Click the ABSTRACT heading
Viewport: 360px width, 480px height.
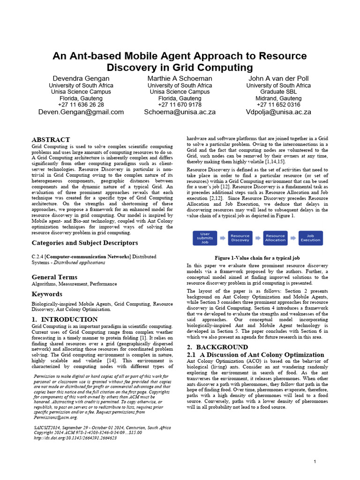(x=51, y=140)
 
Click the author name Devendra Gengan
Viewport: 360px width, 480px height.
(x=81, y=78)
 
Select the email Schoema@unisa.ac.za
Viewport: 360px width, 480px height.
(x=180, y=112)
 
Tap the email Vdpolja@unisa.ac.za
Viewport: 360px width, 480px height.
(x=278, y=112)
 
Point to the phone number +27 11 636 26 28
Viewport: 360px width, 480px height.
(x=81, y=105)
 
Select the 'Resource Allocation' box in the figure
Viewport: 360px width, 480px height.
(x=275, y=238)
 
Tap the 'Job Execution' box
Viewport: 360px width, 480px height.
(x=310, y=238)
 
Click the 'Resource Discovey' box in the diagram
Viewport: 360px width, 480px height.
(x=240, y=238)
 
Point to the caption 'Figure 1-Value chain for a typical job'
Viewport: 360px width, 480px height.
(x=257, y=258)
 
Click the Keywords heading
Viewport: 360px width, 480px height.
(x=47, y=294)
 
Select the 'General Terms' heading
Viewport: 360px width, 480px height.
(x=54, y=277)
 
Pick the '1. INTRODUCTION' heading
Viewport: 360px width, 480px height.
(x=65, y=319)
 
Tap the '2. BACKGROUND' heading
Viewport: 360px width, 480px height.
(x=217, y=347)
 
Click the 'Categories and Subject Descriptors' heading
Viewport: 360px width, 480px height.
(x=85, y=243)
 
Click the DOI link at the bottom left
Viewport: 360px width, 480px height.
(x=75, y=438)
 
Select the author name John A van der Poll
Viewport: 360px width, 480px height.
(x=278, y=78)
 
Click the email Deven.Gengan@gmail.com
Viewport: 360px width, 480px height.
(x=81, y=112)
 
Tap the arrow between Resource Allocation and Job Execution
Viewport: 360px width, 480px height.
(x=293, y=238)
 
